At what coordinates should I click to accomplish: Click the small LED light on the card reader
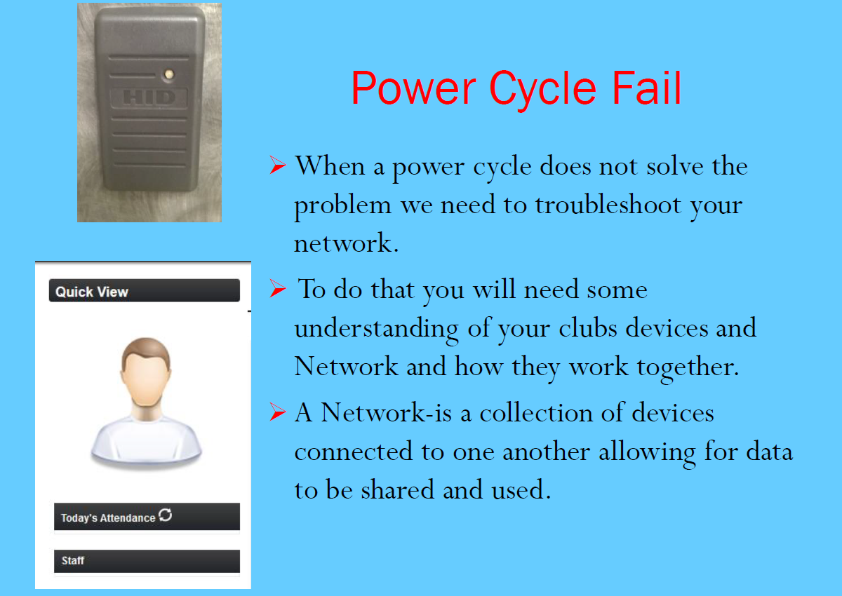tap(169, 74)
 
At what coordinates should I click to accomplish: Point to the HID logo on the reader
tap(149, 98)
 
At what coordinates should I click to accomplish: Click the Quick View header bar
tap(145, 290)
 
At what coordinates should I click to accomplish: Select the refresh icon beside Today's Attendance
tap(166, 515)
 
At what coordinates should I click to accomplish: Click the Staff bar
tap(147, 561)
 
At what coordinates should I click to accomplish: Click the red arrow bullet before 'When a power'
tap(277, 165)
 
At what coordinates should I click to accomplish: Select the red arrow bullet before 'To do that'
tap(277, 289)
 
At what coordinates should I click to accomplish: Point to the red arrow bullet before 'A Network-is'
tap(277, 412)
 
